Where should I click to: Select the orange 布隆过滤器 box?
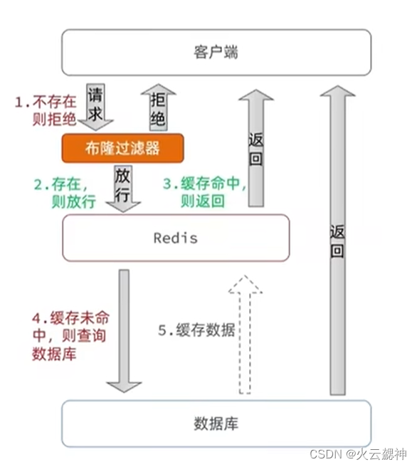(x=123, y=149)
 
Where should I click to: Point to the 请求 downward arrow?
(x=96, y=107)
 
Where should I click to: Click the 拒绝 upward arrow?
(x=158, y=107)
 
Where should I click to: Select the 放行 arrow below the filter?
(x=123, y=187)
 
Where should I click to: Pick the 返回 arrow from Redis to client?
(x=256, y=149)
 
